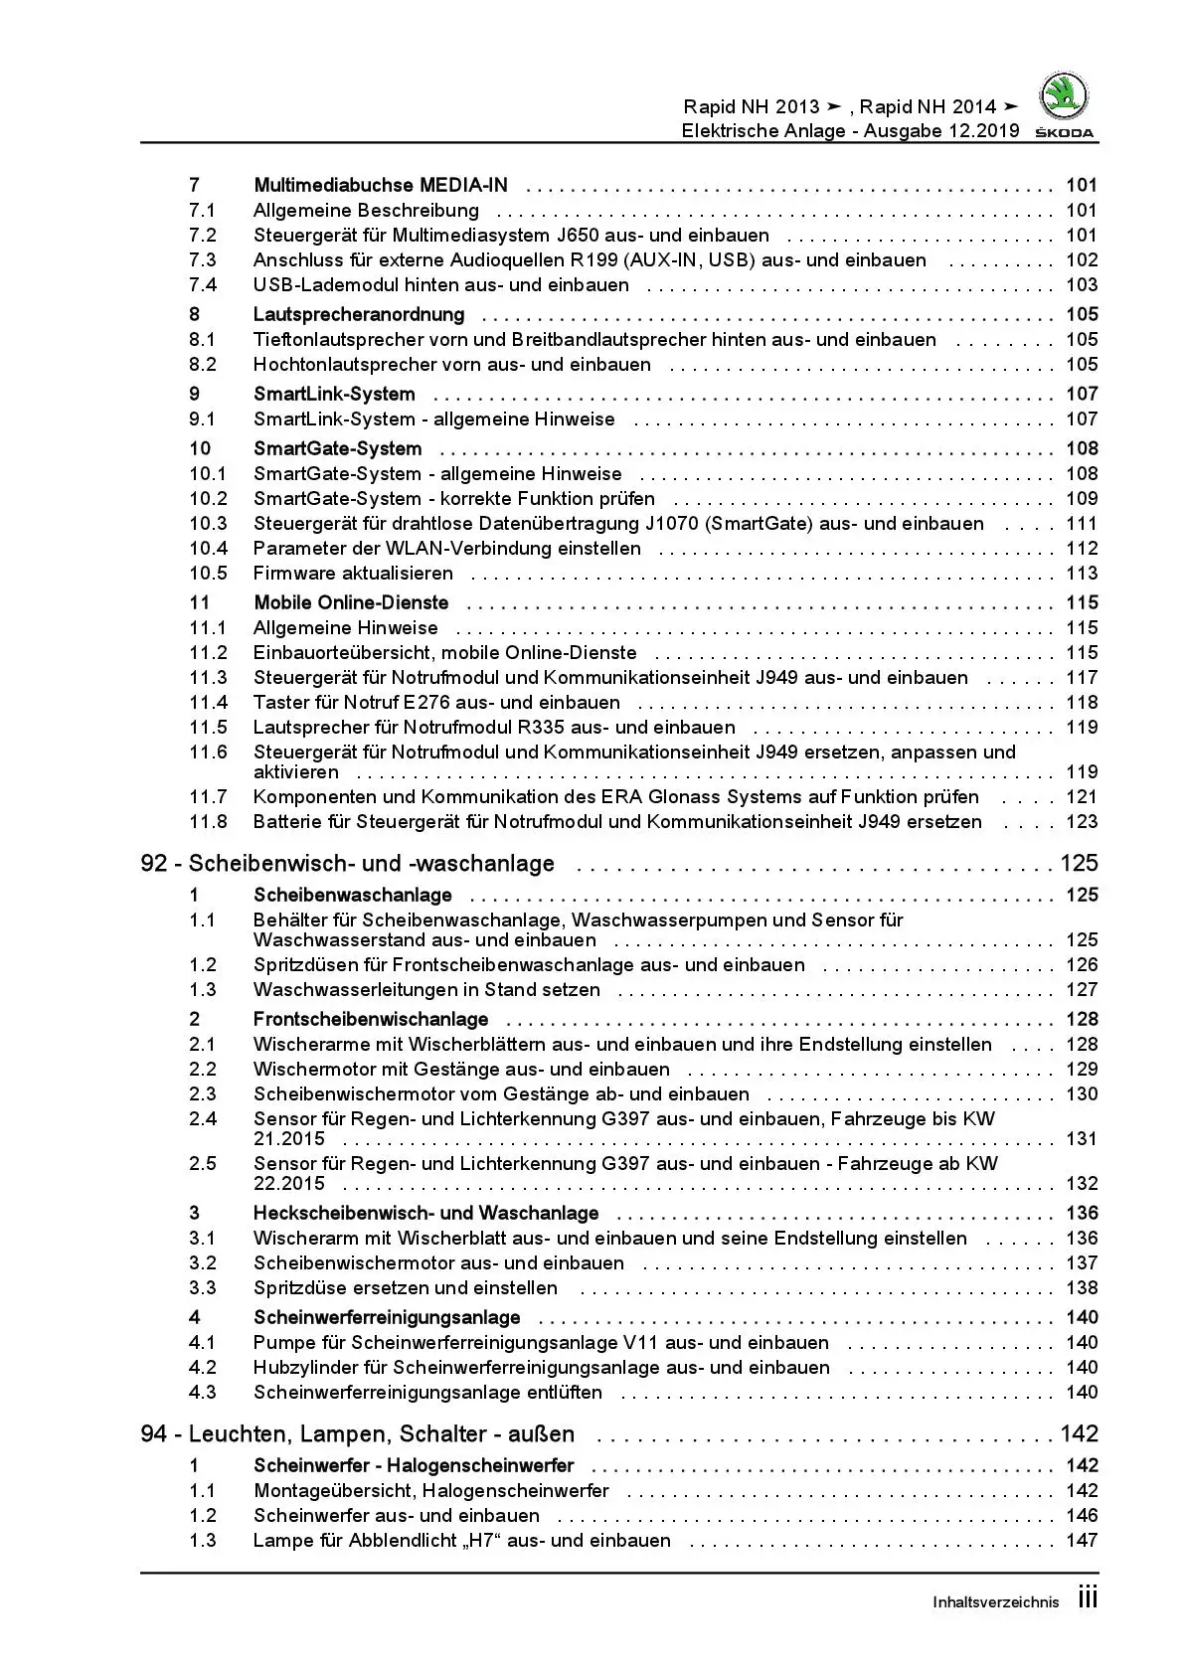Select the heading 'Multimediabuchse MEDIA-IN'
coord(380,185)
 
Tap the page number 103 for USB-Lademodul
coord(1081,285)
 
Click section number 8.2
coord(203,365)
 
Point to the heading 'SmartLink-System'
coord(334,394)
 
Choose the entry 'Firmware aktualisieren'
coord(353,574)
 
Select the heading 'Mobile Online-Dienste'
coord(351,602)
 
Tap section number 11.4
coord(208,703)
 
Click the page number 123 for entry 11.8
coord(1081,822)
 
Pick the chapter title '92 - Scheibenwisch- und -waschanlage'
coord(347,863)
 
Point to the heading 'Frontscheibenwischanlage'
coord(371,1019)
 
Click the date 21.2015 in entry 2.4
coord(288,1139)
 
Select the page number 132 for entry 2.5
coord(1081,1184)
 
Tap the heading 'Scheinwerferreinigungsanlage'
coord(387,1317)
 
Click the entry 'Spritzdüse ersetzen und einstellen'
coord(405,1288)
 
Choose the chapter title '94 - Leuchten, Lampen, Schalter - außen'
coord(357,1433)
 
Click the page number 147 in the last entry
coord(1081,1541)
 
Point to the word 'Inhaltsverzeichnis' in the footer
coord(995,1602)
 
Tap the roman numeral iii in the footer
coord(1088,1598)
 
